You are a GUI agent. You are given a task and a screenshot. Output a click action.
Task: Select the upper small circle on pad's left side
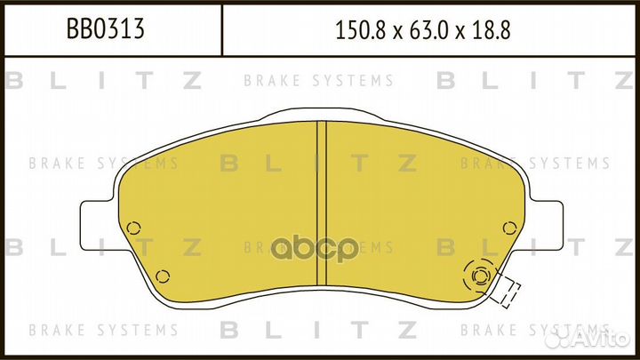(133, 228)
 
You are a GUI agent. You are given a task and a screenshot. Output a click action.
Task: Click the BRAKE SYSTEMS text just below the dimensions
(341, 81)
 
